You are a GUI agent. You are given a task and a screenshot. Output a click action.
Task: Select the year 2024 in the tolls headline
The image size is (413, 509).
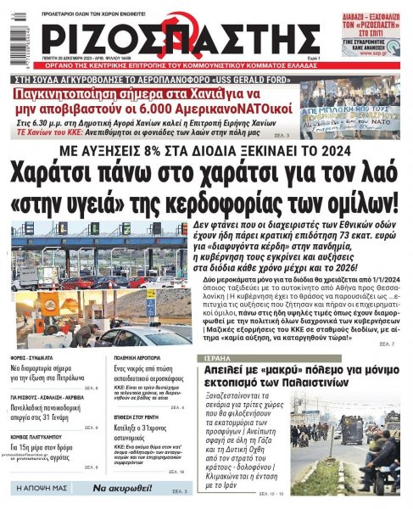tap(332, 148)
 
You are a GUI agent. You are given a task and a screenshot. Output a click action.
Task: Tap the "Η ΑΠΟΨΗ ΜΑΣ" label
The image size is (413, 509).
tap(45, 489)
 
